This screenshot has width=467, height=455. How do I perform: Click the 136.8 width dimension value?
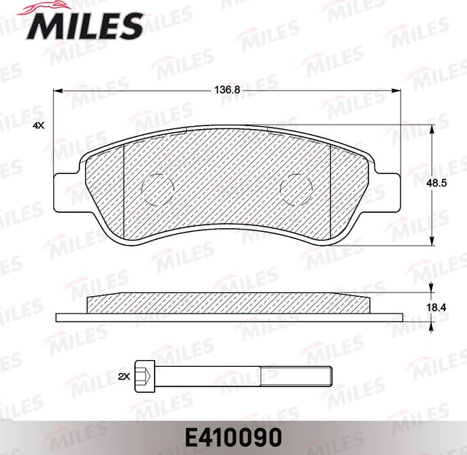(x=227, y=90)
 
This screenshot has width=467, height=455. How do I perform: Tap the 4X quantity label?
(x=39, y=126)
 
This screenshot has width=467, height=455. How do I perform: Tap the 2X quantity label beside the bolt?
(x=123, y=376)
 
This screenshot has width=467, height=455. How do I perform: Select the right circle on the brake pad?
(x=297, y=190)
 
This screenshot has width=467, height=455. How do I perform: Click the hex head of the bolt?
(x=146, y=376)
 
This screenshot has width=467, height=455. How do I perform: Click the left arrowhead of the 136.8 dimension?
(x=60, y=90)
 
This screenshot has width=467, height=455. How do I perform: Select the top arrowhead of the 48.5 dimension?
(x=434, y=128)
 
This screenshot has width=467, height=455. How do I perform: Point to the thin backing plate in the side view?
(x=229, y=317)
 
